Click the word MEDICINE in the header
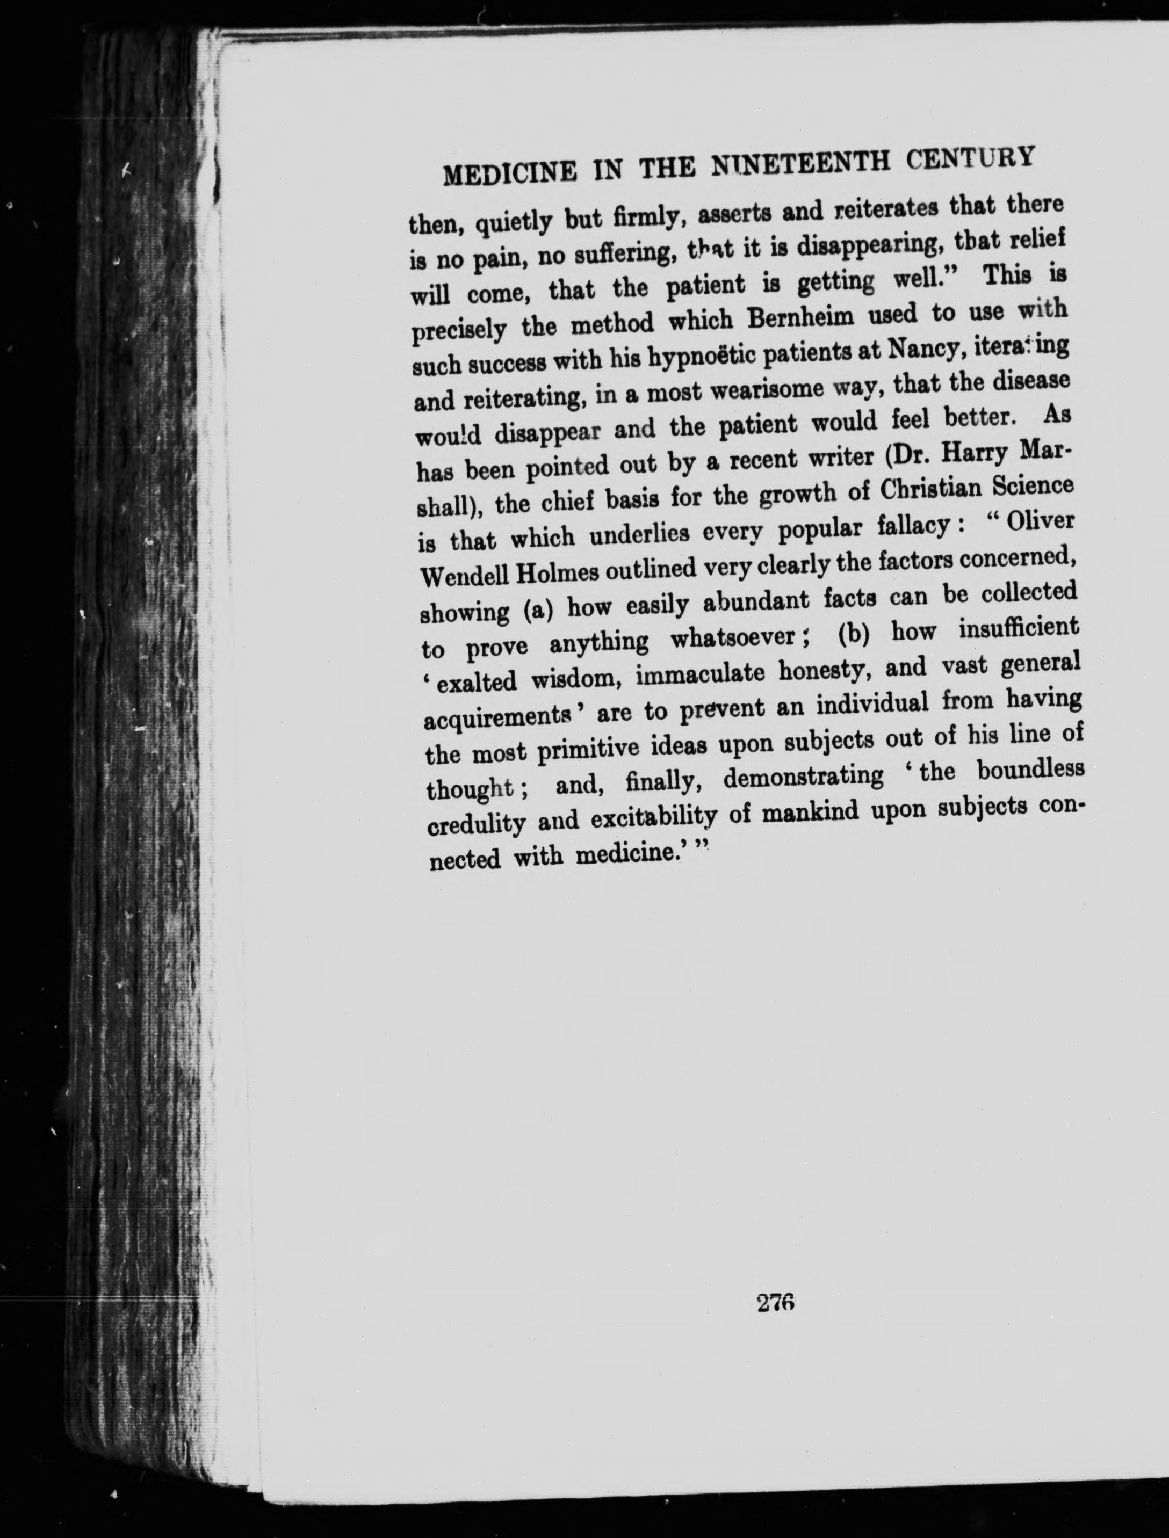coord(509,170)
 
